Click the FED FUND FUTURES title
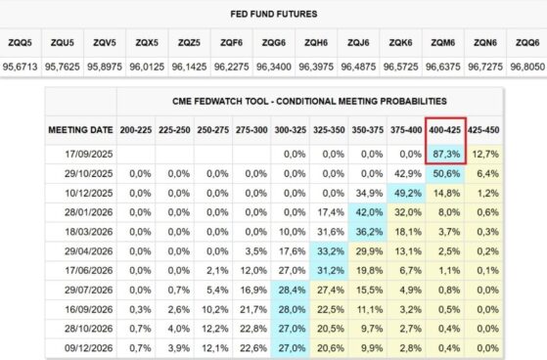tap(274, 14)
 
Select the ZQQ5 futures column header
tap(20, 43)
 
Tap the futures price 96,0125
tap(147, 67)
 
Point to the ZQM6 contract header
tap(443, 43)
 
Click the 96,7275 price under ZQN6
tap(485, 67)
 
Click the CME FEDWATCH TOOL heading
tap(309, 101)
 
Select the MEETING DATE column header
tap(80, 130)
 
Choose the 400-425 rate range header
tap(445, 130)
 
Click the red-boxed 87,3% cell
tap(446, 154)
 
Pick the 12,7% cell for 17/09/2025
tap(485, 154)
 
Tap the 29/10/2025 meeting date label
tap(89, 173)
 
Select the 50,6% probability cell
tap(446, 173)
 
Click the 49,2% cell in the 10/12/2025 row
tap(408, 193)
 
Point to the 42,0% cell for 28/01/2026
tap(369, 212)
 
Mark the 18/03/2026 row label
tap(89, 232)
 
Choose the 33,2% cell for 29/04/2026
tap(331, 251)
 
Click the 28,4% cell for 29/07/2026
tap(292, 290)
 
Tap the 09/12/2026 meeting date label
tap(89, 348)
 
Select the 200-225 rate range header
tap(136, 130)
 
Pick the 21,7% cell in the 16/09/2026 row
tap(253, 309)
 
